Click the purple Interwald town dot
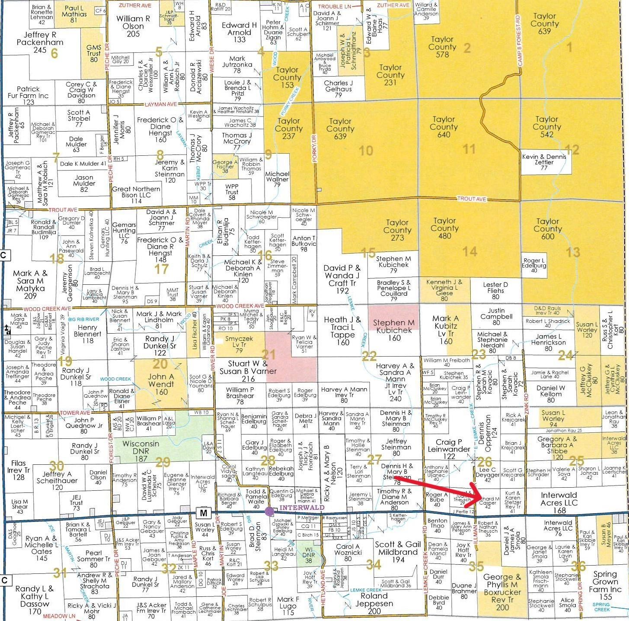269,511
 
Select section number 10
365,150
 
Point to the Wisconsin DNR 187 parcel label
140,448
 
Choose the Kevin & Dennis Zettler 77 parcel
544,162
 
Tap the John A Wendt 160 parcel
161,384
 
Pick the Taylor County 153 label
287,77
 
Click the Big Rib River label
83,319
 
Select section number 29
163,463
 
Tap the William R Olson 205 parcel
133,26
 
